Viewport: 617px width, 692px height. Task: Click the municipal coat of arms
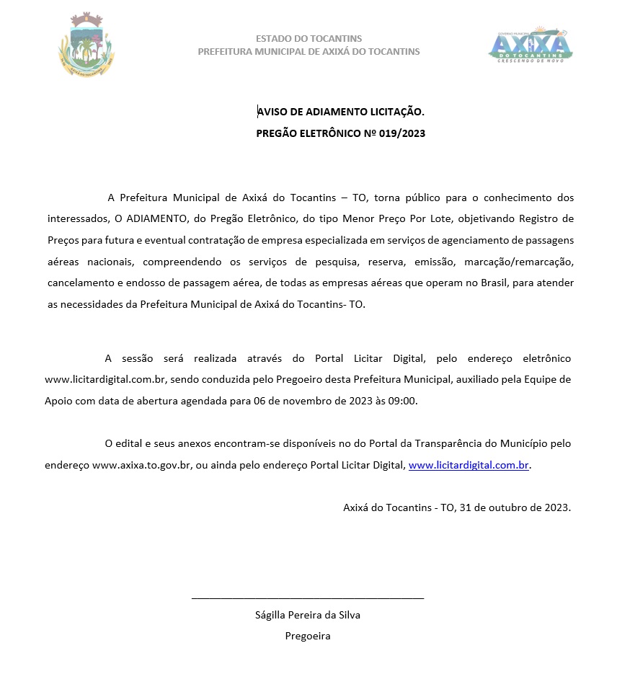86,46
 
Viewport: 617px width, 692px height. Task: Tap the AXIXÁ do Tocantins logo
531,45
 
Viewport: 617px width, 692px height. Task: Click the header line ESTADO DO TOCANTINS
308,38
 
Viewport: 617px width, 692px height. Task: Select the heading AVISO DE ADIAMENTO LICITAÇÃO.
341,112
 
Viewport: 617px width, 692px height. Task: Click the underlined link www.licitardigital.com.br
469,466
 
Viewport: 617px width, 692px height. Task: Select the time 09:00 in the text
403,401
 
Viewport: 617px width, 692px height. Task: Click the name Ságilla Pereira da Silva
308,615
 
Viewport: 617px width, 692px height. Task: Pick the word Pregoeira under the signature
308,636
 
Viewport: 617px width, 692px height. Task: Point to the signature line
308,598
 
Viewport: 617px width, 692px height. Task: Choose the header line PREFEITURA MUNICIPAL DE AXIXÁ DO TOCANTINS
308,52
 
